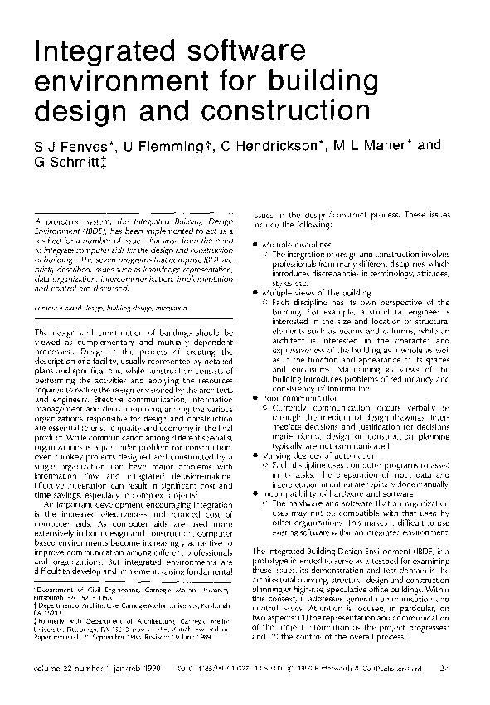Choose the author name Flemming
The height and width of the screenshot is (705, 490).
(170, 147)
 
